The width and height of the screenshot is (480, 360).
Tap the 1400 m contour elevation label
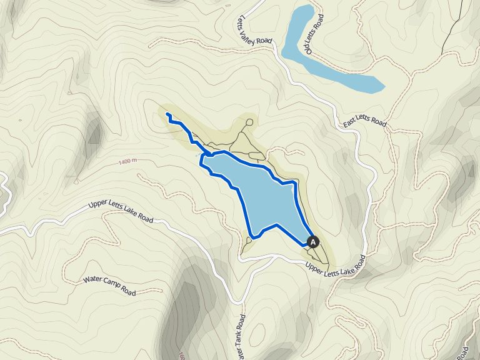click(127, 162)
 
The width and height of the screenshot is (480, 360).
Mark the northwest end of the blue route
click(167, 114)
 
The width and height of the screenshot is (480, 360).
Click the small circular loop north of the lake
click(249, 122)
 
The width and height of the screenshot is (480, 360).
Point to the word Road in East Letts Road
click(378, 122)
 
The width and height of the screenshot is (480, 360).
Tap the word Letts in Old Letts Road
click(314, 31)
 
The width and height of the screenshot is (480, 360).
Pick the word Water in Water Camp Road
click(92, 279)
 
